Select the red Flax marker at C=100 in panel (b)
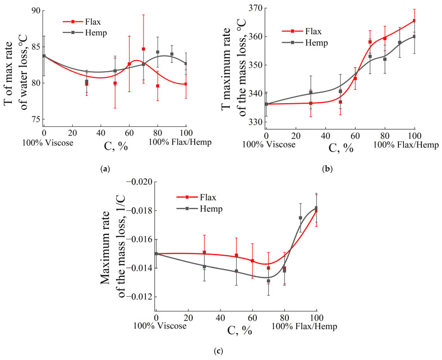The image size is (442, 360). click(x=415, y=21)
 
